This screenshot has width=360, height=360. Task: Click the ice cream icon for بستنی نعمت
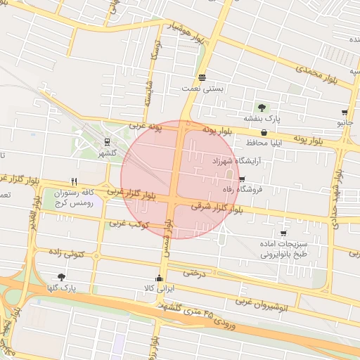202,77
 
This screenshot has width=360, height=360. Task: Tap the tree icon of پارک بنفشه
262,108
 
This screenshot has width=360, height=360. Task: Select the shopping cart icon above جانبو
345,112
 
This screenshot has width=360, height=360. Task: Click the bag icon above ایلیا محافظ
264,131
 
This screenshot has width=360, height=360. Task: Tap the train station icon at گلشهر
106,143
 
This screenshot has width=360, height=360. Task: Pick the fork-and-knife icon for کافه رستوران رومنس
74,181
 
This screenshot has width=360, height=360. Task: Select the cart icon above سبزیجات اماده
283,233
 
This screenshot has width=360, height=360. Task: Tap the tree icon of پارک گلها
61,277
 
